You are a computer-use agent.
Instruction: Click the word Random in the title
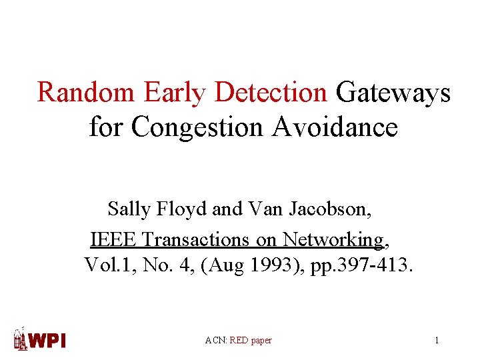[x=85, y=93]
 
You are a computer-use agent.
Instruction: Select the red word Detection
[x=271, y=93]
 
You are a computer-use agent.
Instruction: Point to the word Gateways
[x=393, y=93]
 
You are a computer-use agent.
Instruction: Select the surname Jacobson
[x=330, y=209]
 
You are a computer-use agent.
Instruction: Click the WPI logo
[x=41, y=339]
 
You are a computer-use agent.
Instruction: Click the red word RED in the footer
[x=239, y=341]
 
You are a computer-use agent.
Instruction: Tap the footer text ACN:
[x=216, y=341]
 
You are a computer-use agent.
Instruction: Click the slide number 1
[x=437, y=341]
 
